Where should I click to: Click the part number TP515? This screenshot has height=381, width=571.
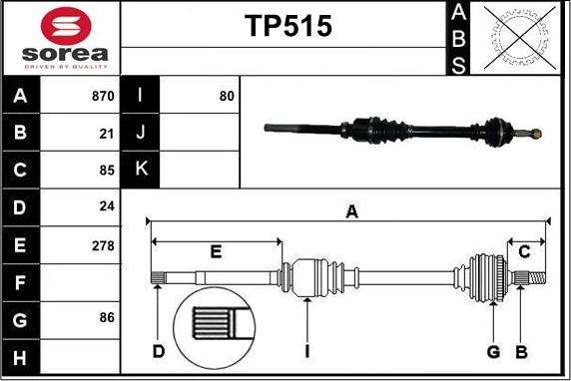288,26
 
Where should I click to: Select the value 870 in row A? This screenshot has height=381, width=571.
103,97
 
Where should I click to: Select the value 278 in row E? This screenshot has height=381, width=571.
103,244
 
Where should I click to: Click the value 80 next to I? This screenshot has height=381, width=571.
226,97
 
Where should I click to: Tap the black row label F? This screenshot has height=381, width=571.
21,282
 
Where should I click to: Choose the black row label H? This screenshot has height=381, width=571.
21,356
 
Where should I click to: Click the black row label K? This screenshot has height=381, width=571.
141,170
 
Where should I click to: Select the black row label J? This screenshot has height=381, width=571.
141,133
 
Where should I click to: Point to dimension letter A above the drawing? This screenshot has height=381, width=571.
351,210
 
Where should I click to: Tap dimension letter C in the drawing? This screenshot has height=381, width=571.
524,250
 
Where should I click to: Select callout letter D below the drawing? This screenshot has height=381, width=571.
158,350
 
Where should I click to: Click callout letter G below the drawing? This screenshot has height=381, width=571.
493,351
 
